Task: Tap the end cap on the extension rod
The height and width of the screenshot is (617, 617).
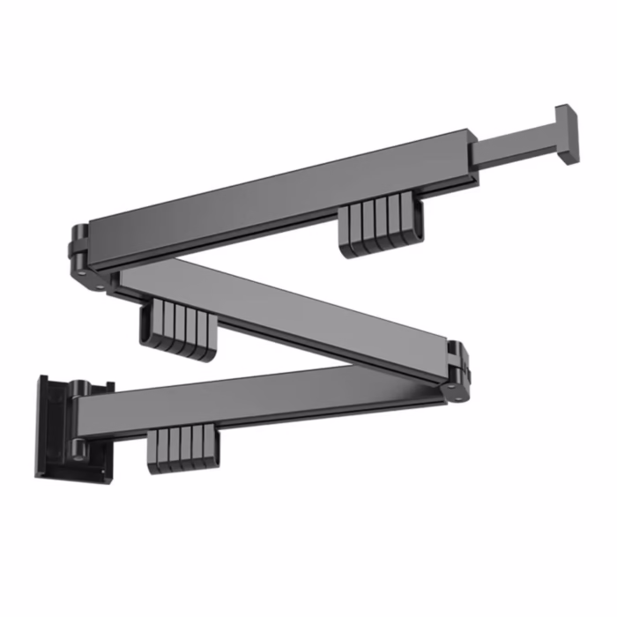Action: pos(566,134)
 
